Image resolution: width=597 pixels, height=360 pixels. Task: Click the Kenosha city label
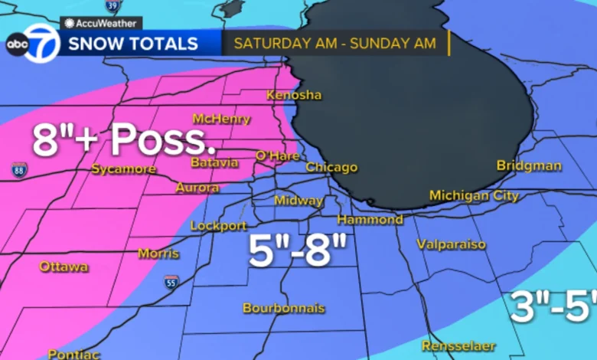pyautogui.click(x=294, y=95)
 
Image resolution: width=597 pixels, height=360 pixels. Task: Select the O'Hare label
pyautogui.click(x=276, y=155)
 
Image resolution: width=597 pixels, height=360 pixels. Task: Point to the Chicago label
pyautogui.click(x=331, y=167)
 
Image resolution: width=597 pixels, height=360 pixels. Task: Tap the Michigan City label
pyautogui.click(x=474, y=196)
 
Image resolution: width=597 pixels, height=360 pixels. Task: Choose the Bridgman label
pyautogui.click(x=529, y=165)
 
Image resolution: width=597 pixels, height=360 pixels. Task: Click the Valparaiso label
pyautogui.click(x=452, y=244)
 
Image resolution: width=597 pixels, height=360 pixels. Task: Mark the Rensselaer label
pyautogui.click(x=458, y=345)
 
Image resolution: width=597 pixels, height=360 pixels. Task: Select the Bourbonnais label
pyautogui.click(x=284, y=308)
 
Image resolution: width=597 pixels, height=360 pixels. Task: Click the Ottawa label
pyautogui.click(x=64, y=267)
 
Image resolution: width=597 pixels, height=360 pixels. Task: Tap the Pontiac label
pyautogui.click(x=74, y=354)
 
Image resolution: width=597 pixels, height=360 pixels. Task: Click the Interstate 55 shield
pyautogui.click(x=171, y=282)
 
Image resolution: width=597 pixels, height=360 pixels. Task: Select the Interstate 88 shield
pyautogui.click(x=18, y=170)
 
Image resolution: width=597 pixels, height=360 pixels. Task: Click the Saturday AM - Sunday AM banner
pyautogui.click(x=334, y=44)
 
